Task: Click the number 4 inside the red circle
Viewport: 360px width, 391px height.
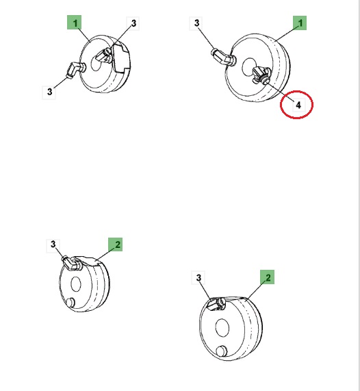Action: tap(298, 105)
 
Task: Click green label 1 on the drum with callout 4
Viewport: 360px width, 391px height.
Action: tap(300, 23)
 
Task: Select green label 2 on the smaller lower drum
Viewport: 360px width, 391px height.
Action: tap(116, 244)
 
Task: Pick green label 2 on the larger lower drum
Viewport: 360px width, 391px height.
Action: tap(267, 277)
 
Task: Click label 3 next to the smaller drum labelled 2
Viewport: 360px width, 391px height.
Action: tap(53, 244)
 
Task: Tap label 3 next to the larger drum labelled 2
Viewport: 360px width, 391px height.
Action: tap(198, 277)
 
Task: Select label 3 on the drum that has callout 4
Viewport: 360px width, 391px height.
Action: tap(196, 23)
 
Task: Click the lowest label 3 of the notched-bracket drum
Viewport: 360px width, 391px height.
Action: tap(49, 92)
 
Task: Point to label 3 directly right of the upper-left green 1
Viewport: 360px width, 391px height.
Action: tap(133, 23)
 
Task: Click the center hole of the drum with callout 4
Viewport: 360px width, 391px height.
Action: tap(250, 67)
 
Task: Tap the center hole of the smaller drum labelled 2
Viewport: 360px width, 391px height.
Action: tap(76, 283)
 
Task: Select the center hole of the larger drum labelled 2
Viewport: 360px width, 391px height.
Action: tap(222, 327)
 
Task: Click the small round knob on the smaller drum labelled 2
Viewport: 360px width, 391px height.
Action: tap(70, 302)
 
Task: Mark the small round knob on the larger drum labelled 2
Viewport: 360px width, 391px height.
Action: tap(221, 351)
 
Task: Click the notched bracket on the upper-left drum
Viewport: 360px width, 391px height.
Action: tap(121, 58)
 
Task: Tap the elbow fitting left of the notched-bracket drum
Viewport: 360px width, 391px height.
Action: tap(75, 70)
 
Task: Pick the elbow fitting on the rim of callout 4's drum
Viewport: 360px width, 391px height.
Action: tap(223, 58)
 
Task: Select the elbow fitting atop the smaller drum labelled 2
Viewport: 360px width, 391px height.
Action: tap(73, 264)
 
